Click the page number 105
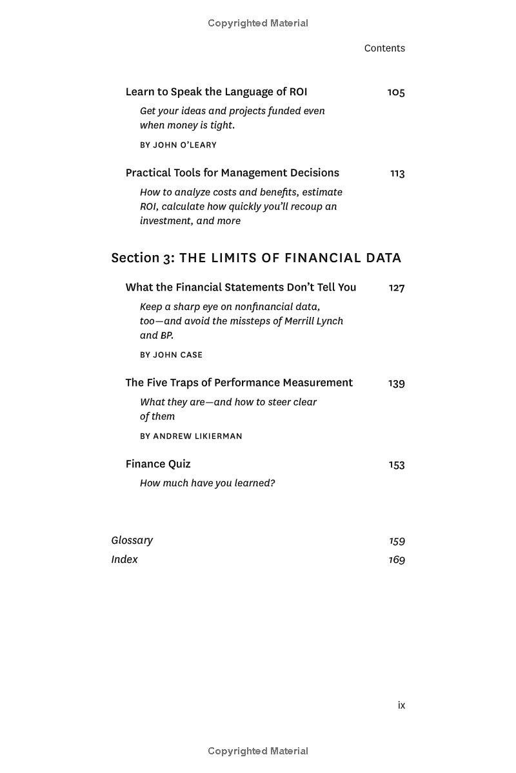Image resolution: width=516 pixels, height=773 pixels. coord(396,92)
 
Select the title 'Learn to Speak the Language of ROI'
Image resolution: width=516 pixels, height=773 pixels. coord(216,92)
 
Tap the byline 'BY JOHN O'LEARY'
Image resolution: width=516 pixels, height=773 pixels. coord(178,145)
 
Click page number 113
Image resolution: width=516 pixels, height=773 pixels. coord(397,173)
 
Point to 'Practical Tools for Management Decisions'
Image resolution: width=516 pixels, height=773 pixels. coord(232,173)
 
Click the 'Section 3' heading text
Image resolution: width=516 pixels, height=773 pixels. coord(143,258)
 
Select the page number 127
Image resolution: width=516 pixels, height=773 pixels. coord(397,288)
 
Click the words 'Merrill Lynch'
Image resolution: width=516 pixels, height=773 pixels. coord(313,321)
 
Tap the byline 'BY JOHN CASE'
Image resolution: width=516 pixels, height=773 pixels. coord(171,355)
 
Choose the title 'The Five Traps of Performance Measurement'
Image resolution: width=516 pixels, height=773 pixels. coord(239,383)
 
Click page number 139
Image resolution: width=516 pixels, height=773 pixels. coord(397,383)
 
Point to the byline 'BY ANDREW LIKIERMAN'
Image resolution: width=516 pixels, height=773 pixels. coord(191,436)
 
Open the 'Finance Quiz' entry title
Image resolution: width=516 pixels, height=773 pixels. coord(158,464)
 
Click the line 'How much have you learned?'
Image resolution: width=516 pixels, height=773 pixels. coord(207,483)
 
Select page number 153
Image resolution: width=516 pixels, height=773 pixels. coord(397,464)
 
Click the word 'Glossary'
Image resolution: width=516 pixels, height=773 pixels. coord(132,540)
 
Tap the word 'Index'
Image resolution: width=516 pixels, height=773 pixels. coord(124,559)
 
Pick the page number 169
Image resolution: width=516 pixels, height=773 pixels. coord(397,560)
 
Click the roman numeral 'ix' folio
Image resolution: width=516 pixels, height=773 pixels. coord(401,705)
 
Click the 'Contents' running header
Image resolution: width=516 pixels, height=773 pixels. coord(384,48)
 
